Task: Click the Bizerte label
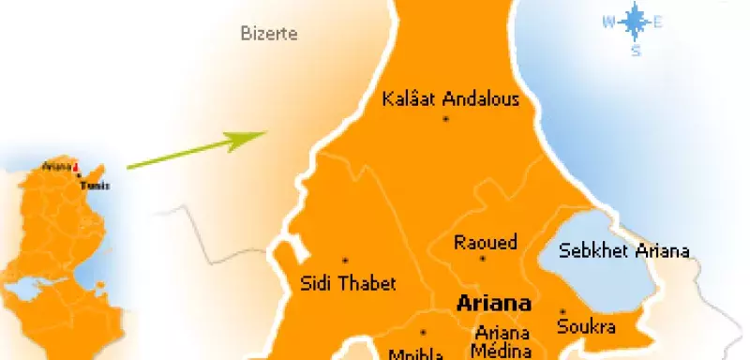point(269,35)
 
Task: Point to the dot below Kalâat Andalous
point(446,120)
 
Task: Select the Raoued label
point(485,242)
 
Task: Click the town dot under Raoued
point(483,259)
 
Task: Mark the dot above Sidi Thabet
point(345,261)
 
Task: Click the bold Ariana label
point(492,305)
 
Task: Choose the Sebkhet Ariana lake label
point(623,250)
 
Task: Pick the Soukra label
point(586,327)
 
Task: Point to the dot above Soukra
point(562,311)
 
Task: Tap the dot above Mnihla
point(423,332)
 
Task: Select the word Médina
point(502,352)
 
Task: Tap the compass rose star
point(635,22)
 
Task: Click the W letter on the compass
point(608,22)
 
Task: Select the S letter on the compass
point(635,51)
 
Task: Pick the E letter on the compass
point(658,22)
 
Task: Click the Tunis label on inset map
point(95,186)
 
